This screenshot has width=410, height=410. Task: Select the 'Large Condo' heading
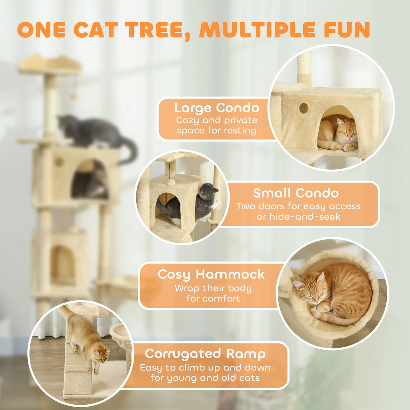216,108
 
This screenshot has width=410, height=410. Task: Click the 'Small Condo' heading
296,193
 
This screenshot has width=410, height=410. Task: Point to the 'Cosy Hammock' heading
211,274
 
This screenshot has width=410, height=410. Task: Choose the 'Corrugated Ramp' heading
205,354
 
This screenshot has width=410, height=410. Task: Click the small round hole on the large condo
303,108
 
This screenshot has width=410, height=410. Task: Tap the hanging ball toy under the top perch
74,97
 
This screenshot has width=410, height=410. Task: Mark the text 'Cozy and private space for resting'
216,125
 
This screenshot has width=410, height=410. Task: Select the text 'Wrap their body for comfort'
213,293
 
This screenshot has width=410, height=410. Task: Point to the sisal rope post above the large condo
304,66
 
